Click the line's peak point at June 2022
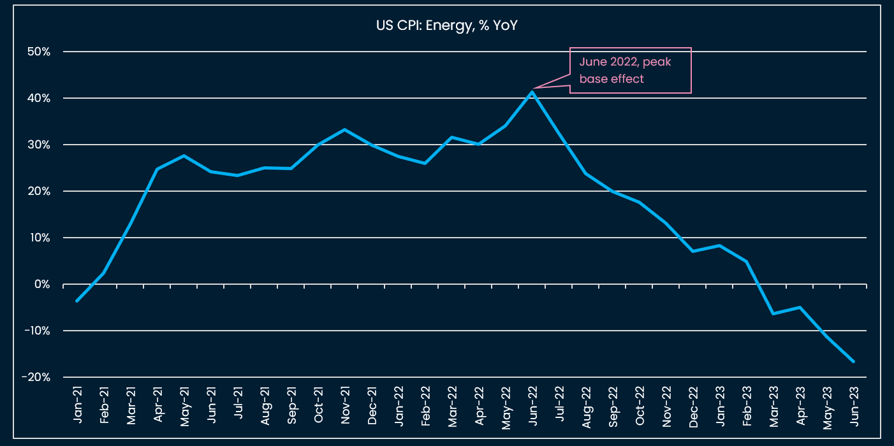(532, 92)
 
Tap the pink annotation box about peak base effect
(630, 70)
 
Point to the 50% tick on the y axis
(39, 52)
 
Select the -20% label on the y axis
(36, 377)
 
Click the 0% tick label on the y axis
(42, 284)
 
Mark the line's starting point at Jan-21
(77, 301)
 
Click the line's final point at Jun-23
(854, 361)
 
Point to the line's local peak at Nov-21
(344, 129)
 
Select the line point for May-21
(184, 155)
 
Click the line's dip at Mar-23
(773, 313)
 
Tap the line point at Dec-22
(692, 251)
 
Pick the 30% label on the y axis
(39, 145)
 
